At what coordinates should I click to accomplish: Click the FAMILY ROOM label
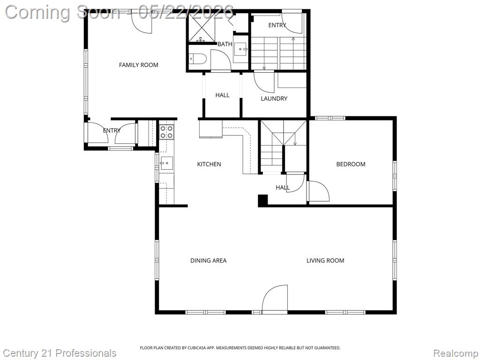click(x=138, y=65)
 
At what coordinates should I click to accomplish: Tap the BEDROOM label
click(x=351, y=164)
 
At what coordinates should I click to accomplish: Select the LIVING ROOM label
click(x=325, y=261)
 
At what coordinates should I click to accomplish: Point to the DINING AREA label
click(x=208, y=261)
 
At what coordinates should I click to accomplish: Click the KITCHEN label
click(x=209, y=164)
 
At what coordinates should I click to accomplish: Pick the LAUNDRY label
click(x=274, y=98)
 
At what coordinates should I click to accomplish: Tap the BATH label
click(x=225, y=44)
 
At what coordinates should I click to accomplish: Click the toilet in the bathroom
click(x=197, y=59)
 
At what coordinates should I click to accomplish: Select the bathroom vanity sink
click(x=241, y=49)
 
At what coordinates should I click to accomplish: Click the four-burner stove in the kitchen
click(x=166, y=132)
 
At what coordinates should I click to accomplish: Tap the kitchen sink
click(x=166, y=163)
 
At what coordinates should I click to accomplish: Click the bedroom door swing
click(x=319, y=191)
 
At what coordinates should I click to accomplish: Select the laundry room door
click(x=264, y=82)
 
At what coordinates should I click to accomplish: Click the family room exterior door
click(x=142, y=22)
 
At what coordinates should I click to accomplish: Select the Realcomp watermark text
click(x=456, y=353)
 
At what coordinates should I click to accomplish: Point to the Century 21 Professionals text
click(x=60, y=353)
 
